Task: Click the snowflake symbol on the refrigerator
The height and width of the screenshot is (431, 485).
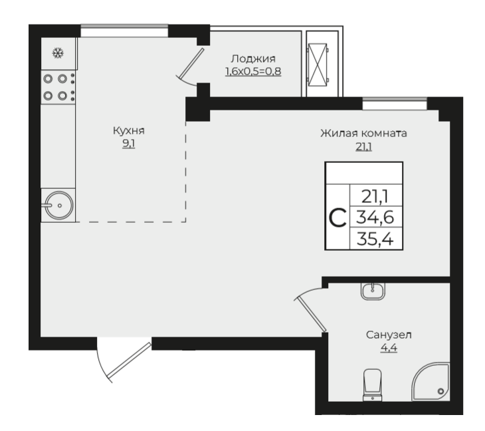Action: (58, 53)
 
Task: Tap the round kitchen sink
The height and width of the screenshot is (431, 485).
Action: (58, 206)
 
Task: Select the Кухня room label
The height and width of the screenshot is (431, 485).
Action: (129, 131)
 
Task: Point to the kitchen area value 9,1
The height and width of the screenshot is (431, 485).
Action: (129, 144)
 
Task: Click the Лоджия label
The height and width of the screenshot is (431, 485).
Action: (253, 59)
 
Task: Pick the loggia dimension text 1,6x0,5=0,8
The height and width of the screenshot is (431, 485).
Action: (253, 72)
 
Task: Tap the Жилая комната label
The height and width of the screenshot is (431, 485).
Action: (363, 134)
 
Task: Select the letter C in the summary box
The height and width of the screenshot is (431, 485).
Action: (338, 218)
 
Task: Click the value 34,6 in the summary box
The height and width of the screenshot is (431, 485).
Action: (375, 217)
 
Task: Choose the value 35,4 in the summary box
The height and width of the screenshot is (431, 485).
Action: (375, 239)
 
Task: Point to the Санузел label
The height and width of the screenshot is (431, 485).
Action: (389, 335)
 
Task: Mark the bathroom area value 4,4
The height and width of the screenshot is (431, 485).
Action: (389, 348)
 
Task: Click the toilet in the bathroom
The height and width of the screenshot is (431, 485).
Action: (373, 385)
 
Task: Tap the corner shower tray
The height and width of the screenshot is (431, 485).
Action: (431, 382)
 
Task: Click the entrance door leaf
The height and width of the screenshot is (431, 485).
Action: (129, 360)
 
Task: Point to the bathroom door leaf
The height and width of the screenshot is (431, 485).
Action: (310, 314)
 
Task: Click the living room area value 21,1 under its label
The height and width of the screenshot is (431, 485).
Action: (363, 146)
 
